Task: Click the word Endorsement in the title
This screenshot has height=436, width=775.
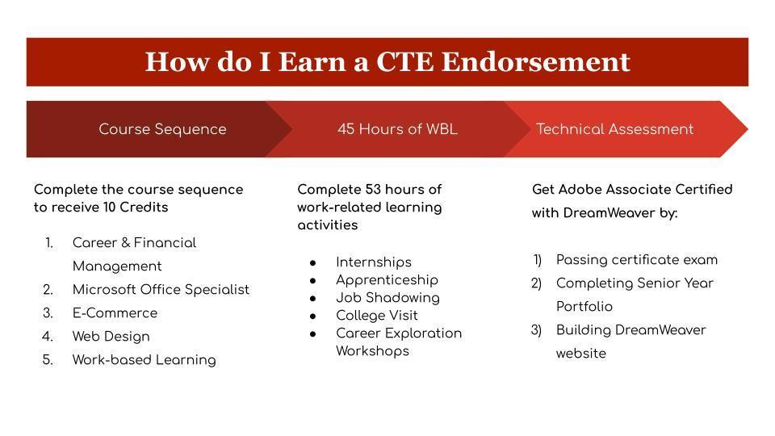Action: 535,62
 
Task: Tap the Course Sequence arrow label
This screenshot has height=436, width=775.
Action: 162,129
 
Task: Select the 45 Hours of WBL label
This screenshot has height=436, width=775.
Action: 397,129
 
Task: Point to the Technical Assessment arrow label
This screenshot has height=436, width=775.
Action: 615,129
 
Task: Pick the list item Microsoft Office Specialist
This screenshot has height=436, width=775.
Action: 161,290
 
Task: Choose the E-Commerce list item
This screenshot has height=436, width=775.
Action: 115,313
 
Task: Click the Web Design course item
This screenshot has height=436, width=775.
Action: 111,337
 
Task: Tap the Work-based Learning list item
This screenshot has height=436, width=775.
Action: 144,360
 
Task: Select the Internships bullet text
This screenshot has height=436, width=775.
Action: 374,262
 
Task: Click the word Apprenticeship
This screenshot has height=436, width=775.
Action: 387,280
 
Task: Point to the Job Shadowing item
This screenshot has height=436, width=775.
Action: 387,298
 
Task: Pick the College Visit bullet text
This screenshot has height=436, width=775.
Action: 377,316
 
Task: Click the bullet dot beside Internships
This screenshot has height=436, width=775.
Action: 313,263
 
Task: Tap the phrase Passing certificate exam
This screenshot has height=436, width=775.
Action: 637,260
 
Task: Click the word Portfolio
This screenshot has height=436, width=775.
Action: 584,307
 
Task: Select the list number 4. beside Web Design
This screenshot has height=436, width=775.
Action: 48,337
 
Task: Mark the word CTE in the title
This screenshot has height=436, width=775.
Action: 404,62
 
